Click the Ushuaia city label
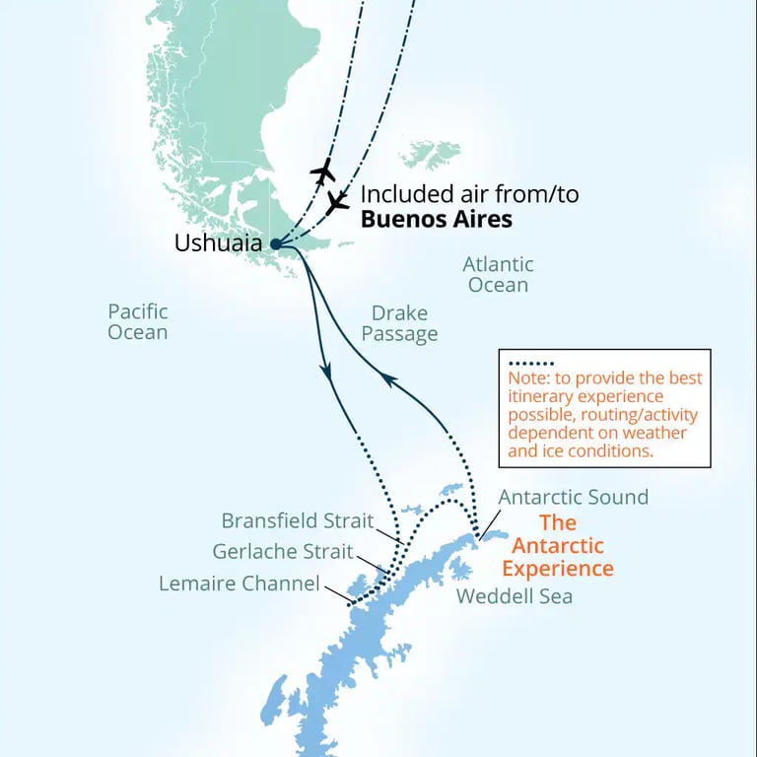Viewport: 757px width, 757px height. tap(219, 242)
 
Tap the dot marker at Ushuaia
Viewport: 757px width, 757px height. tap(274, 244)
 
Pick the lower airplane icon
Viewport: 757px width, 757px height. tap(337, 202)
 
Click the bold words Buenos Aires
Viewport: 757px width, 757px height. tap(436, 219)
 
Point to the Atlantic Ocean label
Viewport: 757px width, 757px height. tap(498, 274)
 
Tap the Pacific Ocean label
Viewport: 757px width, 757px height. tap(138, 321)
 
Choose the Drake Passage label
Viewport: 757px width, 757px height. tap(399, 324)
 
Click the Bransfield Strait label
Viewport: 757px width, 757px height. tap(298, 519)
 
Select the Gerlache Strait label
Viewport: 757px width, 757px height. tap(283, 551)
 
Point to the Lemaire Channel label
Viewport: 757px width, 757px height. tap(240, 584)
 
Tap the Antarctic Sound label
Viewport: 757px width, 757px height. tap(573, 497)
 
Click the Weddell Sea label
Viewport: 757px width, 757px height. tap(514, 595)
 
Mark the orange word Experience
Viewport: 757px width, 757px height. tap(557, 569)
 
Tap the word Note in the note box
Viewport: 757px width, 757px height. tap(527, 378)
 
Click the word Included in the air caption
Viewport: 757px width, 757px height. tap(404, 194)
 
